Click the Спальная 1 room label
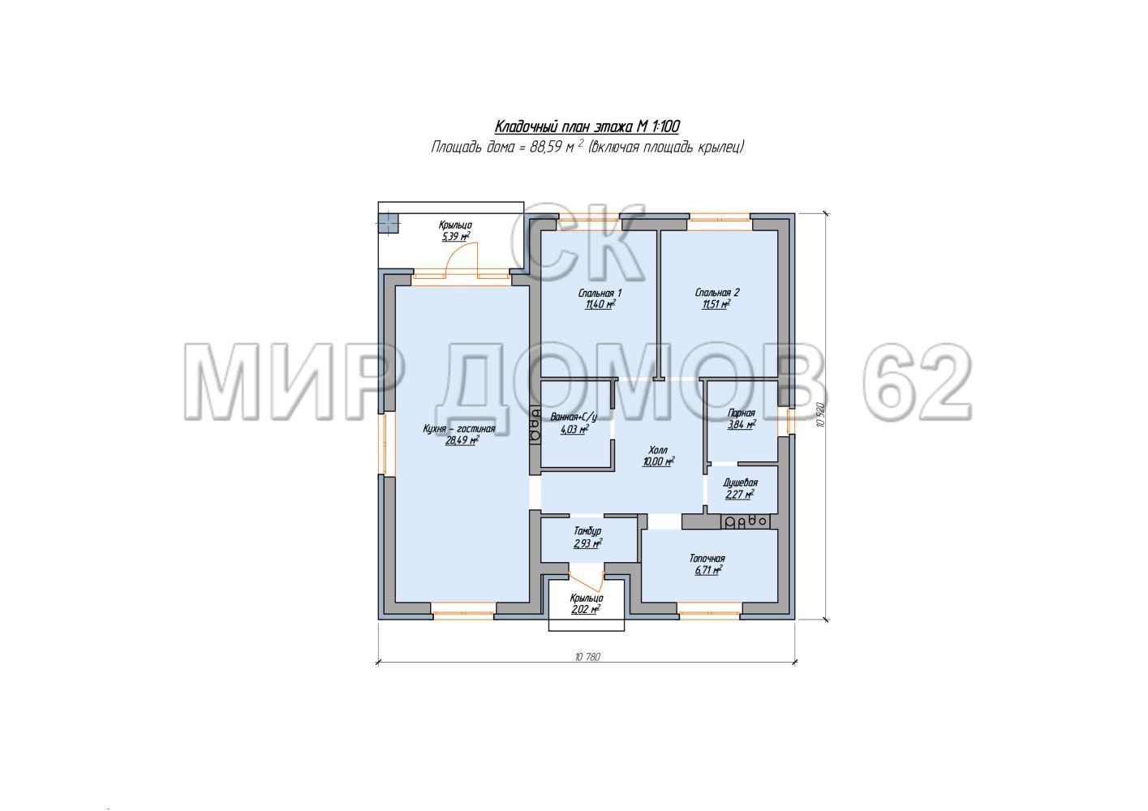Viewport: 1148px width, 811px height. point(600,294)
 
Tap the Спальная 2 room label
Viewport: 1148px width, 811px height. point(717,293)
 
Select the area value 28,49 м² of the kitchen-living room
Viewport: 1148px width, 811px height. point(462,440)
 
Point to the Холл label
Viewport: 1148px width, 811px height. point(658,450)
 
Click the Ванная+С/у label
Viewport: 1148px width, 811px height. point(574,417)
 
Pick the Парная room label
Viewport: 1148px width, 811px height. point(742,413)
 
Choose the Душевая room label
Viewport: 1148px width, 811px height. point(741,483)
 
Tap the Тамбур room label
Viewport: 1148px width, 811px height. point(587,531)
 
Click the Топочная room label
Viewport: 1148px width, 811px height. point(707,559)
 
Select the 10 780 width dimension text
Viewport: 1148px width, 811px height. point(587,657)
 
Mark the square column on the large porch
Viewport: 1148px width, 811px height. point(389,224)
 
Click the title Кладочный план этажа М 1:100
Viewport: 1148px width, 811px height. point(587,126)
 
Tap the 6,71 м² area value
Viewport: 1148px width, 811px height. point(709,570)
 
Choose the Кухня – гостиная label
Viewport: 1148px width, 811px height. point(459,429)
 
